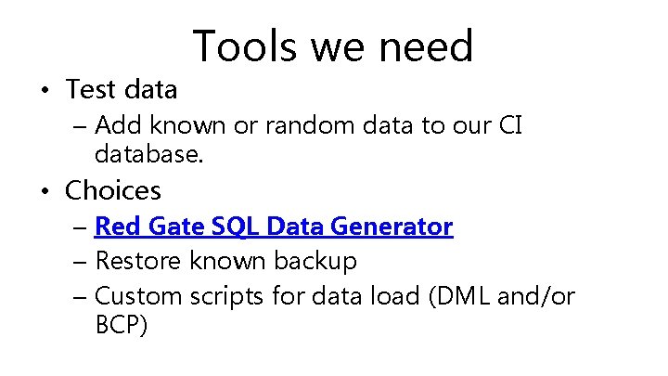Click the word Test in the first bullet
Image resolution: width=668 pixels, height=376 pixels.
tap(89, 89)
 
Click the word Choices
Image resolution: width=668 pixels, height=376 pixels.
tap(113, 191)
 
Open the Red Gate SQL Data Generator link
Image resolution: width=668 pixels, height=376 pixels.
tap(274, 227)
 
